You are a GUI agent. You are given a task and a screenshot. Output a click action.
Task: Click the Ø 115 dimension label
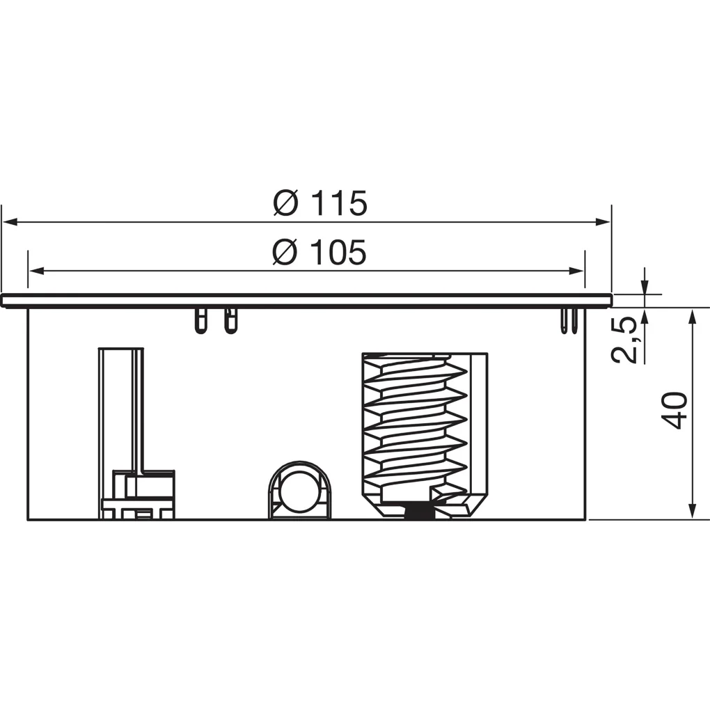320,203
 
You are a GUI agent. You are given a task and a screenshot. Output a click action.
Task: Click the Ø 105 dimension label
319,252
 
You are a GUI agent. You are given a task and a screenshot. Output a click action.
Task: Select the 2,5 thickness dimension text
624,340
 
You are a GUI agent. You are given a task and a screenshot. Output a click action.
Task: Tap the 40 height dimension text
674,411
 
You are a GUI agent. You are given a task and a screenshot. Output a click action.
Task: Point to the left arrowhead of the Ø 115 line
10,222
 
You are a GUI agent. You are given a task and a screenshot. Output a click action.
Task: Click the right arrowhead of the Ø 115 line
603,222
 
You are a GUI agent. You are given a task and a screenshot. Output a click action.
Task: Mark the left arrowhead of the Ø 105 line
37,271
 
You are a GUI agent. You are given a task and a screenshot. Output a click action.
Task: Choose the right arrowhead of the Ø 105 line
576,271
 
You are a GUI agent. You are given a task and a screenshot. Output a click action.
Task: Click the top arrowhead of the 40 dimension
691,317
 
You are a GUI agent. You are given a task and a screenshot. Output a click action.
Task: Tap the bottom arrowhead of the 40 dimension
691,511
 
